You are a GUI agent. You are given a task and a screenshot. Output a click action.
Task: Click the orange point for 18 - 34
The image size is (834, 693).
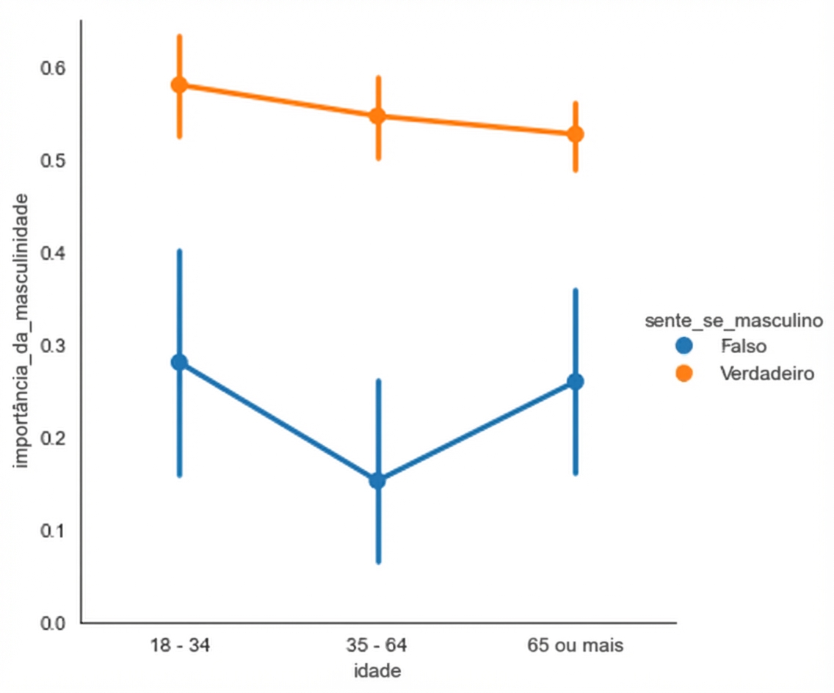[179, 84]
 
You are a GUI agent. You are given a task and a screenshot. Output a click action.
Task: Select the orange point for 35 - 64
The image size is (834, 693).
[377, 115]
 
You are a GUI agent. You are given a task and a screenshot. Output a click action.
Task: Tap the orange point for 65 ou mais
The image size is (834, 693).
[576, 134]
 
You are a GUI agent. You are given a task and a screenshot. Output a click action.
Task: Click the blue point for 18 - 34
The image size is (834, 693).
[179, 362]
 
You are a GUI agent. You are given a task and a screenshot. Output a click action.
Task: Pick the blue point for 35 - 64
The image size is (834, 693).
[377, 481]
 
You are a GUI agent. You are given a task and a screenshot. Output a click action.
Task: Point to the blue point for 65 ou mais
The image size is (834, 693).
[576, 382]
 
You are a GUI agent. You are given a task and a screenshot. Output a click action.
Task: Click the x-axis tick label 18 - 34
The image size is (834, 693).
[179, 646]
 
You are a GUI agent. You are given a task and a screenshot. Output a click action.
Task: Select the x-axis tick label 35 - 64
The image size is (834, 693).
[377, 646]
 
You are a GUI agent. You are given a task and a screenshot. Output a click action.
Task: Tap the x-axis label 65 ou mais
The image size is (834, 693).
[576, 646]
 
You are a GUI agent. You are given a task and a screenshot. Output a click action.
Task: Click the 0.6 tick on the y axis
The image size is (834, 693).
[54, 68]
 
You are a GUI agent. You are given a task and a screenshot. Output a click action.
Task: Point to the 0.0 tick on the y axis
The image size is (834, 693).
[54, 623]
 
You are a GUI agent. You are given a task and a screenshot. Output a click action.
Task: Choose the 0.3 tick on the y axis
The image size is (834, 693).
[54, 346]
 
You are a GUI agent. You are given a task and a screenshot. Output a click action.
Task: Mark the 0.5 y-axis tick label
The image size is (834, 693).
[54, 160]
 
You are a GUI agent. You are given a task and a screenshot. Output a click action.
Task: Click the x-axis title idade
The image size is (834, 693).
[377, 671]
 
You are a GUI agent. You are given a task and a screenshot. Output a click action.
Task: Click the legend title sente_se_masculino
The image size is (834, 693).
[732, 321]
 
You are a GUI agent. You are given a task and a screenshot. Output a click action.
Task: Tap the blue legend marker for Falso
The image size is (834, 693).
[684, 345]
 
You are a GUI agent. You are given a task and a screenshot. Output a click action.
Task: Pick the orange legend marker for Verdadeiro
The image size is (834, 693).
[684, 373]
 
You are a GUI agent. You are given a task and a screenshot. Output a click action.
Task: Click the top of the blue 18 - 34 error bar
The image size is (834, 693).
[179, 251]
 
